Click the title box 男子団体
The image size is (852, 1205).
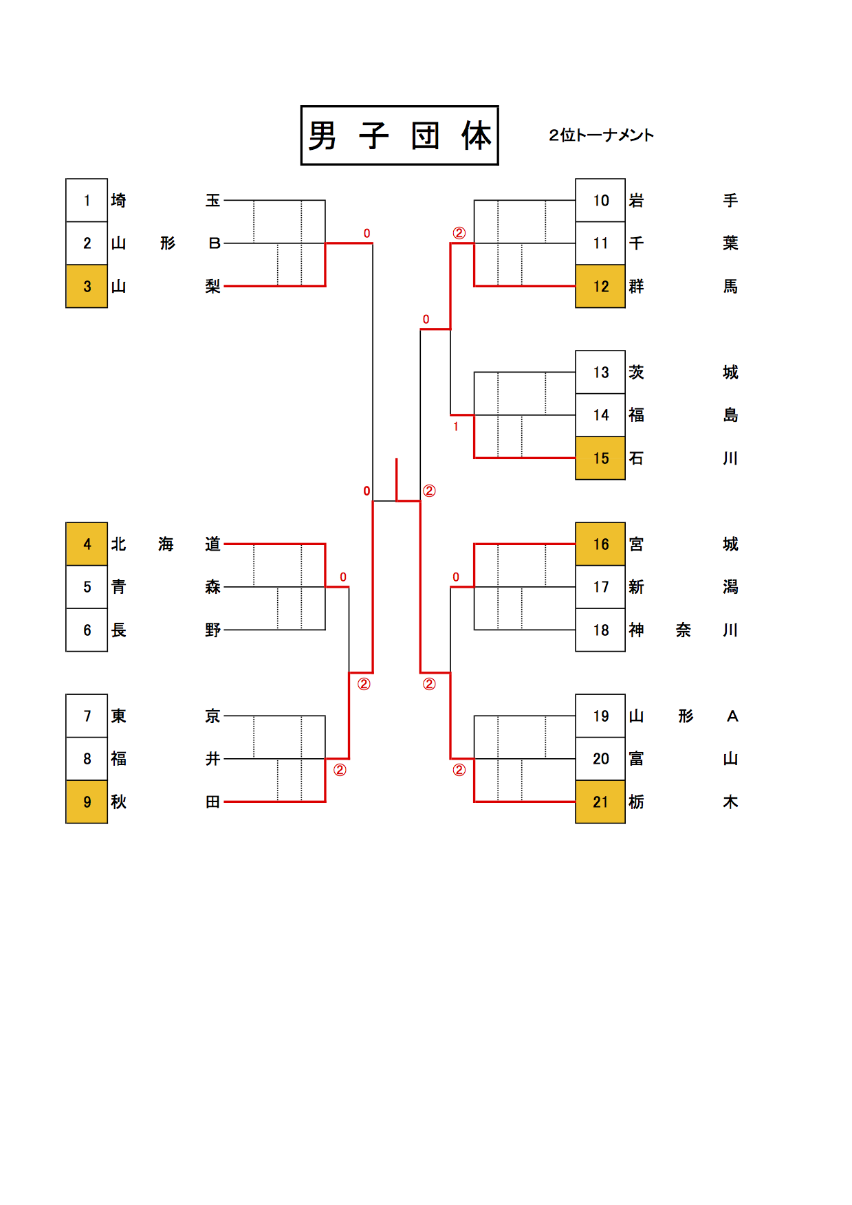pyautogui.click(x=400, y=135)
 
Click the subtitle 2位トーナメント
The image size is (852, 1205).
pyautogui.click(x=601, y=135)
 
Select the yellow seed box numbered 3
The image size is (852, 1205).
pyautogui.click(x=87, y=286)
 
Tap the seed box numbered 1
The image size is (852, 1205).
pyautogui.click(x=87, y=200)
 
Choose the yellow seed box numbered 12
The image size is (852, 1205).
pyautogui.click(x=600, y=286)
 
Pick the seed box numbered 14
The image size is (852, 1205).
pyautogui.click(x=600, y=414)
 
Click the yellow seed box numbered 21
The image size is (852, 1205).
pyautogui.click(x=600, y=802)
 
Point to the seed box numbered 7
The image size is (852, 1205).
pyautogui.click(x=87, y=716)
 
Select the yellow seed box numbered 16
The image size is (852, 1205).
pyautogui.click(x=600, y=544)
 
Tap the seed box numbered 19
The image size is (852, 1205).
pyautogui.click(x=600, y=716)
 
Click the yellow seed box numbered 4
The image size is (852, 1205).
pyautogui.click(x=87, y=544)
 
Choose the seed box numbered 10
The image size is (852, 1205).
pyautogui.click(x=600, y=200)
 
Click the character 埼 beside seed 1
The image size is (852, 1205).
pyautogui.click(x=119, y=200)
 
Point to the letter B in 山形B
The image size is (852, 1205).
pyautogui.click(x=214, y=243)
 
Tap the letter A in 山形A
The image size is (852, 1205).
pyautogui.click(x=732, y=716)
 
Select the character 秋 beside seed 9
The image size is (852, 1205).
pyautogui.click(x=119, y=802)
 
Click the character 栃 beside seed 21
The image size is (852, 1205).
pyautogui.click(x=637, y=802)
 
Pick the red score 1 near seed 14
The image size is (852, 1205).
pyautogui.click(x=455, y=427)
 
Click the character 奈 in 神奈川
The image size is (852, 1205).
pyautogui.click(x=684, y=630)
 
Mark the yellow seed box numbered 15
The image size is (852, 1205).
pyautogui.click(x=600, y=458)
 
